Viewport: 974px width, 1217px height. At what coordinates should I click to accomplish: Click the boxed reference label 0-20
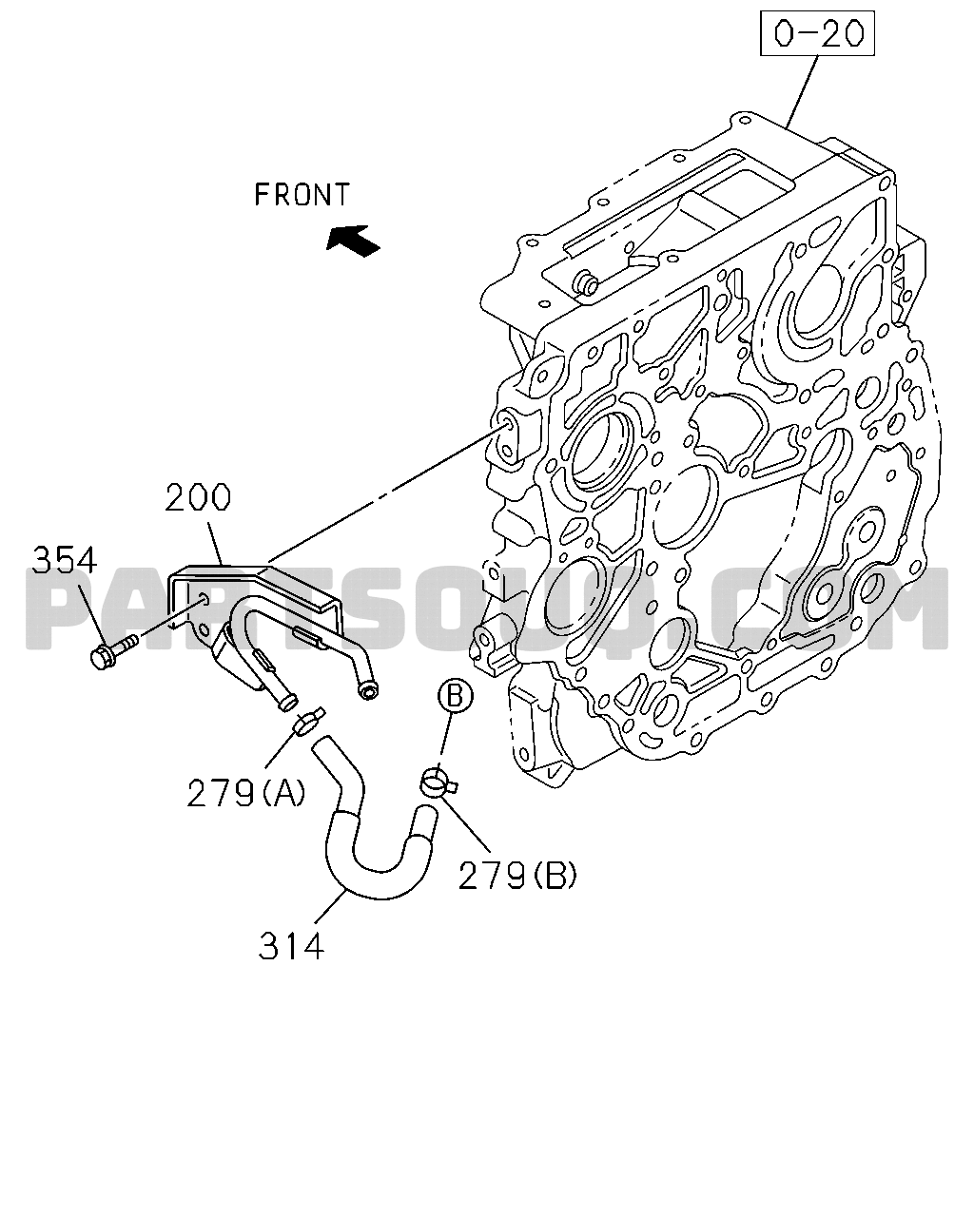click(817, 34)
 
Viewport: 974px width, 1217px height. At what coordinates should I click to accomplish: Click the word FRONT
click(302, 195)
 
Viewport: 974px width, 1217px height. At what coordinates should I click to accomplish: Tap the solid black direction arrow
click(353, 239)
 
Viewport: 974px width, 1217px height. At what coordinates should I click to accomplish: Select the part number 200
click(197, 499)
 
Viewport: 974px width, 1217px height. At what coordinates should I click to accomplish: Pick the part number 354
click(65, 560)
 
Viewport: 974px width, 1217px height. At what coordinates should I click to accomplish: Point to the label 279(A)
click(245, 792)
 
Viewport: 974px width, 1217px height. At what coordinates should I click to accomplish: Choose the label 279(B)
click(517, 875)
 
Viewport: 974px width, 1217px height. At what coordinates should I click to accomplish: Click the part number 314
click(291, 946)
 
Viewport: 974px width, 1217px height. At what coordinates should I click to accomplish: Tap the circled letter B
click(455, 697)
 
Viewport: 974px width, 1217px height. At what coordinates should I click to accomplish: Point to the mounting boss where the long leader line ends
click(505, 423)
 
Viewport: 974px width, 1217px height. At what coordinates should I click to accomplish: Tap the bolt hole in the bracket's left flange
click(202, 599)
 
